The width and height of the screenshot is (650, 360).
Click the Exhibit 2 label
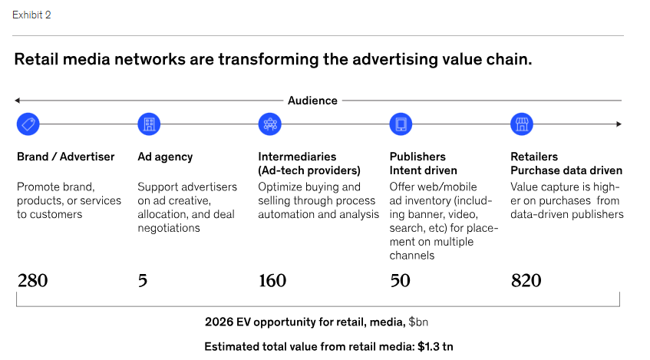(x=31, y=15)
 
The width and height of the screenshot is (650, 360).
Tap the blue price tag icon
(x=28, y=124)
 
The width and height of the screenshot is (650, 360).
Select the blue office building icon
(x=149, y=124)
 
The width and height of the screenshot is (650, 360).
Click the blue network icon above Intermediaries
(x=270, y=124)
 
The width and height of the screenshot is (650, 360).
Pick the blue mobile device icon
(x=401, y=124)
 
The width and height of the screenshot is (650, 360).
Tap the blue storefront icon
(x=522, y=124)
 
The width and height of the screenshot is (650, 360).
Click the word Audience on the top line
(x=312, y=101)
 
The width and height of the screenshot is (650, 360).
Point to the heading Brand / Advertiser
(x=65, y=157)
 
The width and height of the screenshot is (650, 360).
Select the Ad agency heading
(x=165, y=157)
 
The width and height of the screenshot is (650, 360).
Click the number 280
(x=32, y=281)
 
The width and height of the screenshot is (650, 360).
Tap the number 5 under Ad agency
(x=143, y=281)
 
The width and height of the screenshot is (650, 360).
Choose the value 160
(x=272, y=281)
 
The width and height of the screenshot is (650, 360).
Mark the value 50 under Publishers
(x=400, y=281)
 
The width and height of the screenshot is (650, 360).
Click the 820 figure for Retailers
(x=526, y=281)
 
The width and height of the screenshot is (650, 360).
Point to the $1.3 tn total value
(x=435, y=347)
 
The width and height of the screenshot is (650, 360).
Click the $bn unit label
(x=418, y=322)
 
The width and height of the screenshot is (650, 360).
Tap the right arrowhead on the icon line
(x=619, y=124)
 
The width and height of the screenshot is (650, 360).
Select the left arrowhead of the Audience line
(x=17, y=101)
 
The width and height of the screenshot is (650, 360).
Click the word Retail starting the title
(x=36, y=59)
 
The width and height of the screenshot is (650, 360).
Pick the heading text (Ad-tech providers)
(x=309, y=171)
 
